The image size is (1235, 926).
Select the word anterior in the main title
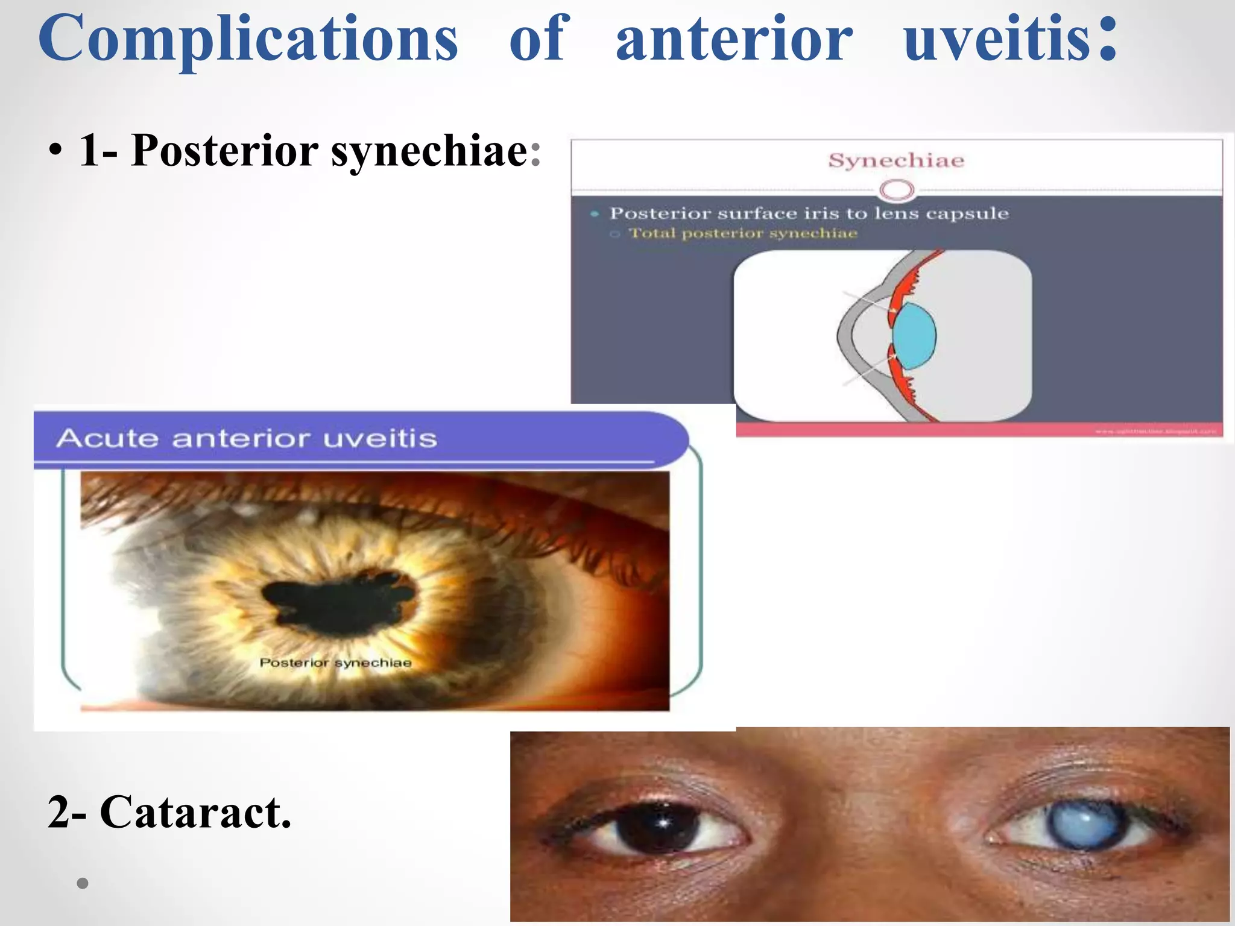click(734, 39)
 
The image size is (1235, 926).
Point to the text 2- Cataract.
click(169, 812)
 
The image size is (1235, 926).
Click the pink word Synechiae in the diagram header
click(896, 160)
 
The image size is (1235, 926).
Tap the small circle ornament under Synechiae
click(897, 191)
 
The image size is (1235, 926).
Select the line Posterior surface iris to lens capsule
click(809, 213)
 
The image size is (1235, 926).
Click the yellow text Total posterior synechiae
click(742, 233)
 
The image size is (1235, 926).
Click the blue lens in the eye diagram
click(915, 336)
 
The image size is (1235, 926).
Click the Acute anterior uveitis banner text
click(247, 438)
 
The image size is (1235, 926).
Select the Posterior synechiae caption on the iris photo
click(335, 663)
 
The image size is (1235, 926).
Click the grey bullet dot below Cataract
click(83, 884)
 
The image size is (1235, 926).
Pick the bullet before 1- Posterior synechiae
click(55, 151)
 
